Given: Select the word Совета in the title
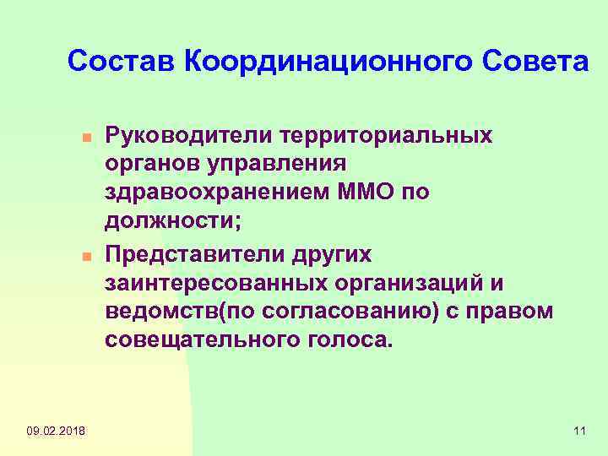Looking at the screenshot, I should click(x=535, y=62).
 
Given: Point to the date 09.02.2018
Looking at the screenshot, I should click(x=56, y=432).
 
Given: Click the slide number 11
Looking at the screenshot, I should click(x=579, y=432).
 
